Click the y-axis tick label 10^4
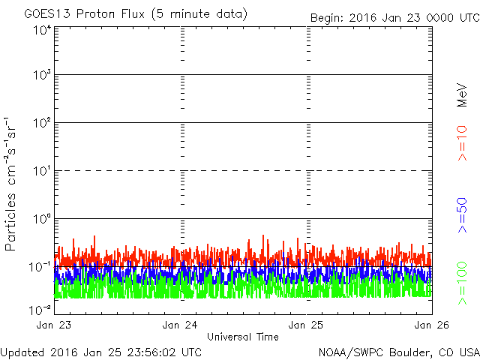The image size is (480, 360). pyautogui.click(x=42, y=30)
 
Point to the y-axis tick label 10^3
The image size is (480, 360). pyautogui.click(x=42, y=76)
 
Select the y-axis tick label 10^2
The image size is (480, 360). pyautogui.click(x=42, y=124)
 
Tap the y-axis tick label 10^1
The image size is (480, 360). pyautogui.click(x=42, y=172)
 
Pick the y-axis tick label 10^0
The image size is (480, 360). pyautogui.click(x=42, y=220)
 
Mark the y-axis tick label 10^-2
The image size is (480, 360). pyautogui.click(x=40, y=308)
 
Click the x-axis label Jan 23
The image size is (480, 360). pyautogui.click(x=55, y=325)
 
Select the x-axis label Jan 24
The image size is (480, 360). pyautogui.click(x=181, y=325)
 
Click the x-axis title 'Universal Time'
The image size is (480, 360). pyautogui.click(x=242, y=337)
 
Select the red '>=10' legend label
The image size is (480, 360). pyautogui.click(x=463, y=143)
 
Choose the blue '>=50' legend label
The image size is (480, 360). pyautogui.click(x=463, y=215)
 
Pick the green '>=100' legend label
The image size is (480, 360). pyautogui.click(x=463, y=283)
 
